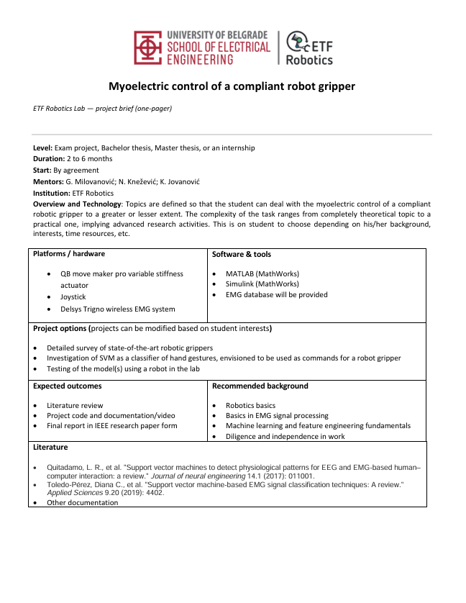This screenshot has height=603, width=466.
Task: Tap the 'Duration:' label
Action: tap(49, 158)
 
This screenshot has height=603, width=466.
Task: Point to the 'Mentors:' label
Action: tap(48, 181)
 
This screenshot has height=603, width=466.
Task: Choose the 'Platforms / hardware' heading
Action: tap(69, 254)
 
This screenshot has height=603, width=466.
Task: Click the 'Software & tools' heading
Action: tap(242, 254)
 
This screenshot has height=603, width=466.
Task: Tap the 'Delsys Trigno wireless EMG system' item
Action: tap(117, 309)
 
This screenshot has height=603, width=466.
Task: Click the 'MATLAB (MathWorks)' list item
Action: tap(262, 273)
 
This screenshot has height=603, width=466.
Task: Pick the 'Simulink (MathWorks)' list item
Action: tap(263, 284)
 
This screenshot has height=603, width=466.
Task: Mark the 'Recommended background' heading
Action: tap(260, 386)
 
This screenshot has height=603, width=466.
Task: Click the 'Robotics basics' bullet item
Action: tap(250, 405)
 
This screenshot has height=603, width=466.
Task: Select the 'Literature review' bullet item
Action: tap(75, 405)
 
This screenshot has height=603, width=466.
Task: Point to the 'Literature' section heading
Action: tap(51, 447)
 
